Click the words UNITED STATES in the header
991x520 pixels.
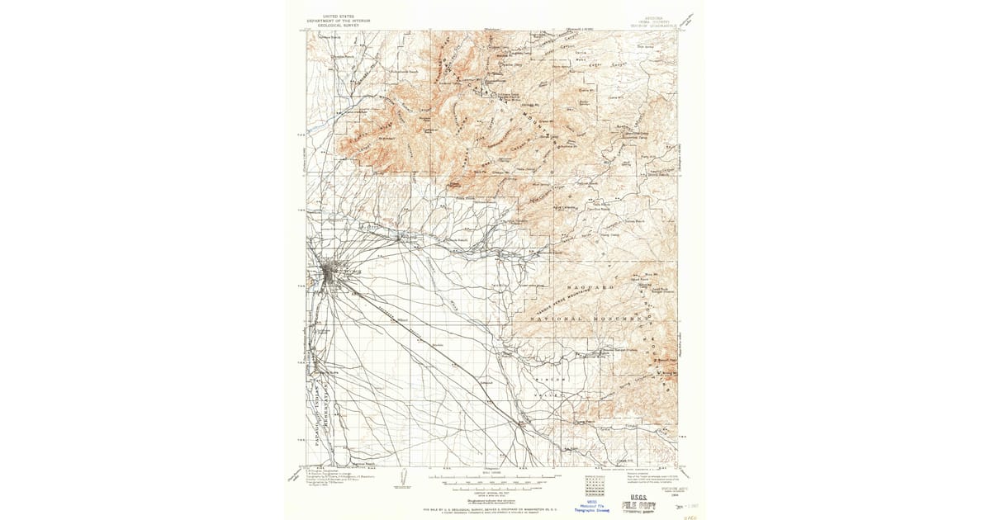tap(339, 15)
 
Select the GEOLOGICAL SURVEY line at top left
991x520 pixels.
tap(339, 24)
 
